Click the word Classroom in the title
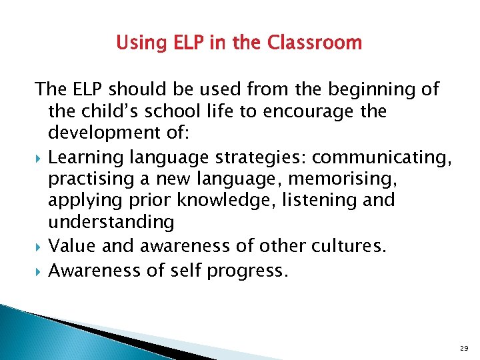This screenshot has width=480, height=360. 315,43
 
